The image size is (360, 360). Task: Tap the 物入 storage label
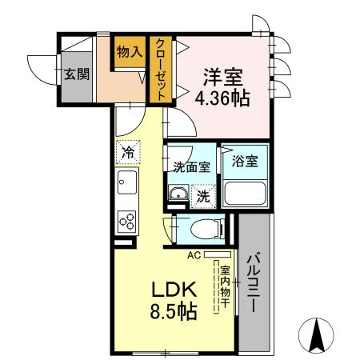click(130, 52)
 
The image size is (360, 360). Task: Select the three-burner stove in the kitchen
click(126, 218)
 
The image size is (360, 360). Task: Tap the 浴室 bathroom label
click(244, 161)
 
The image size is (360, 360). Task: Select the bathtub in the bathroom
click(245, 194)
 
